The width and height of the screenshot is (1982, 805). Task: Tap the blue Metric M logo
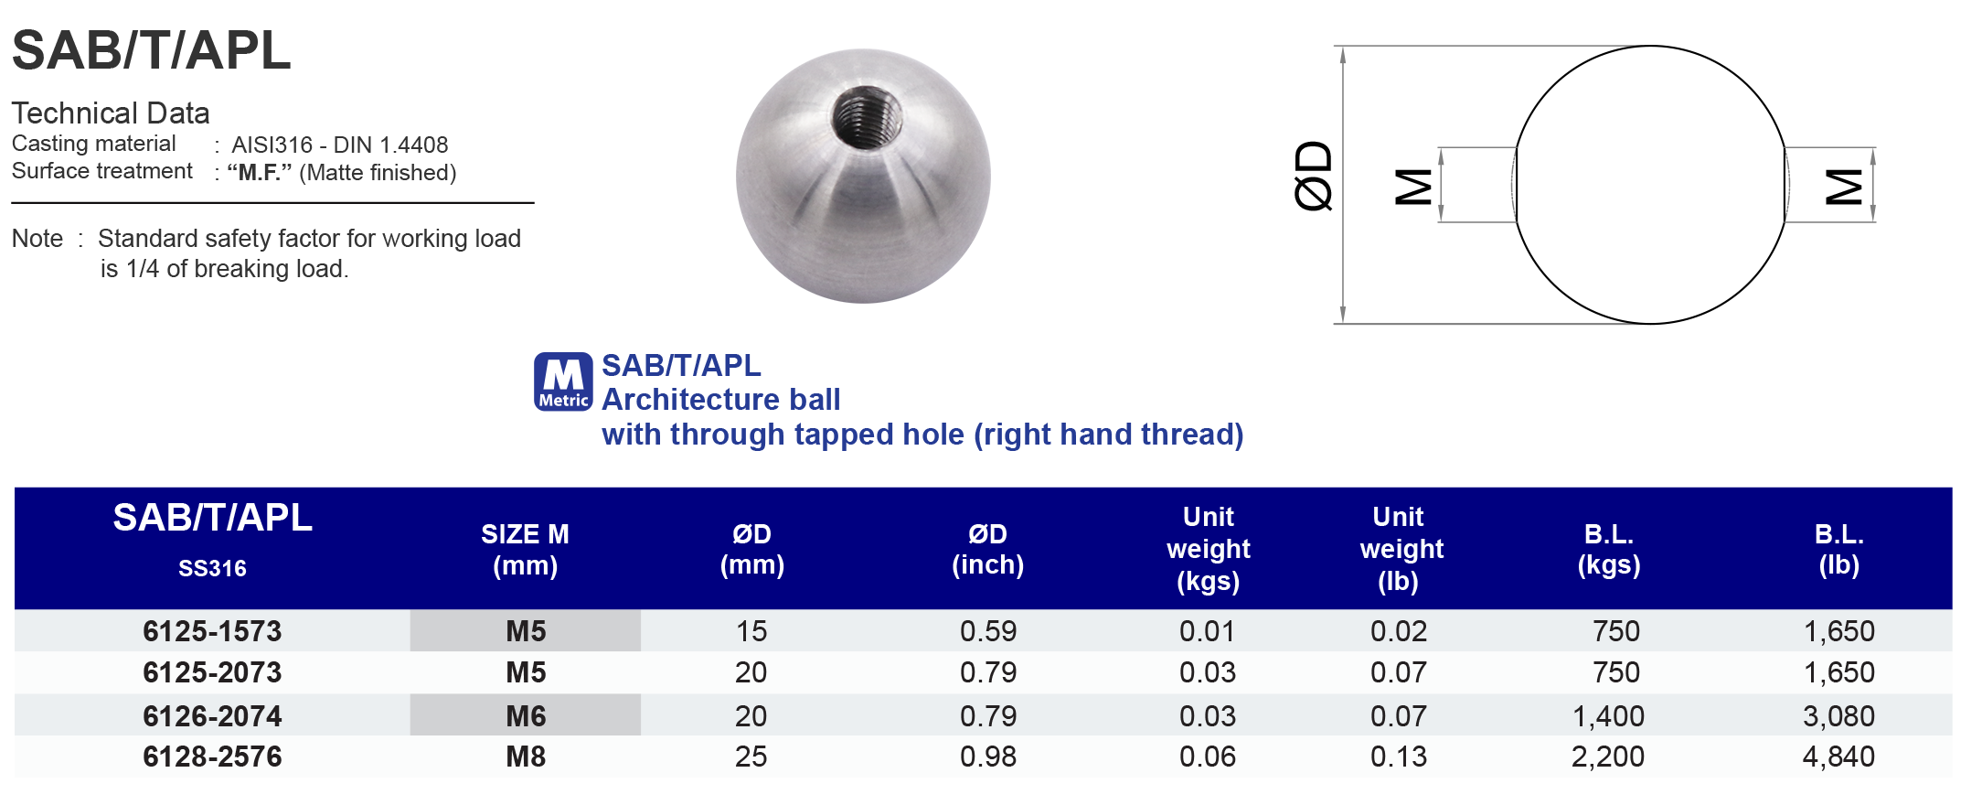[x=563, y=381]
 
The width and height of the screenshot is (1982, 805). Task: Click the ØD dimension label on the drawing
[x=1315, y=176]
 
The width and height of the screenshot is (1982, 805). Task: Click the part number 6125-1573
[x=212, y=631]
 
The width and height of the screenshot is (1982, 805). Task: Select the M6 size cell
[x=526, y=715]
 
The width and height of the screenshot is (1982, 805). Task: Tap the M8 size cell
[x=526, y=757]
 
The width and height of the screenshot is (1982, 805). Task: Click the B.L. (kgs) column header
[x=1608, y=549]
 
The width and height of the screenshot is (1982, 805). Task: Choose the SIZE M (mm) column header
[x=525, y=549]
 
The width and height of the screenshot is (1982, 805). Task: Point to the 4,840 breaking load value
[x=1838, y=757]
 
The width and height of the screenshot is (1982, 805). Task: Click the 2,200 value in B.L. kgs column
[x=1607, y=757]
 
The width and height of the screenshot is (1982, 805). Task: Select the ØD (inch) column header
[x=987, y=549]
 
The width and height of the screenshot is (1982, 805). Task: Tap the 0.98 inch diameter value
[x=987, y=757]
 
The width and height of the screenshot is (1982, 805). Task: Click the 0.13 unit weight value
[x=1398, y=757]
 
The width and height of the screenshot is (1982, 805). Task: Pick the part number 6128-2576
[x=212, y=757]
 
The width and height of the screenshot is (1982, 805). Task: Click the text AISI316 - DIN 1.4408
[x=339, y=145]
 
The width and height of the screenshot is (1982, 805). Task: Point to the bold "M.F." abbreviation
[x=260, y=173]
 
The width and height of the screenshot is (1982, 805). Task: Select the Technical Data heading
[x=111, y=113]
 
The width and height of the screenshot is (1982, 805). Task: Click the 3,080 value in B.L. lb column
[x=1838, y=715]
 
